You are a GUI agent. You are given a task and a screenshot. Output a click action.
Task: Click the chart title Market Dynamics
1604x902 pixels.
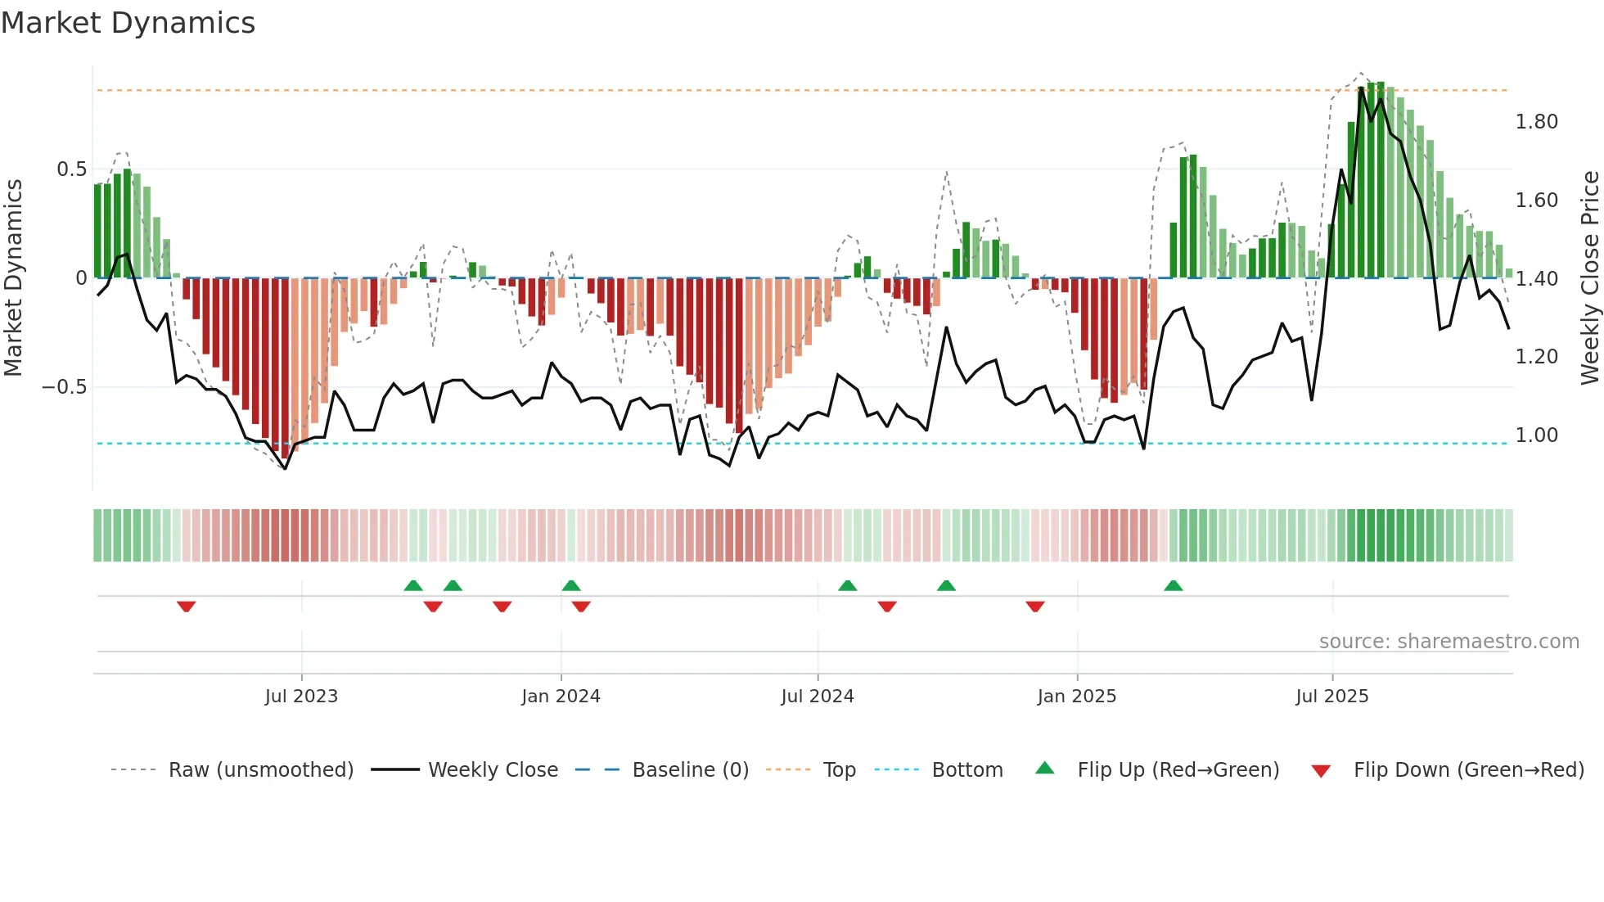(x=128, y=23)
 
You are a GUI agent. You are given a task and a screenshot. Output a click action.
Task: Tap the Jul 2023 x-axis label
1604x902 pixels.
(x=301, y=697)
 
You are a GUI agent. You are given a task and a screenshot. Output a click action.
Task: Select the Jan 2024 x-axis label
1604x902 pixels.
(x=561, y=697)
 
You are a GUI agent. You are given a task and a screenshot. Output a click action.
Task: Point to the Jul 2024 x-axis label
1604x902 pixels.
(x=817, y=697)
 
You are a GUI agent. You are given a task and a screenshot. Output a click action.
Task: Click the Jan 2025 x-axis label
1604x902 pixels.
(x=1076, y=697)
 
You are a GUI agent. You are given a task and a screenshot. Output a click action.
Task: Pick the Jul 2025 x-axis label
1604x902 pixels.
(x=1331, y=697)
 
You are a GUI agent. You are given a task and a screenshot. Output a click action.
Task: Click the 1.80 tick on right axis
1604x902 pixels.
(x=1536, y=122)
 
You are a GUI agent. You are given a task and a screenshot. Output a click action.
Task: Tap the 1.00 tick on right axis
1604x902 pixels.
(x=1536, y=435)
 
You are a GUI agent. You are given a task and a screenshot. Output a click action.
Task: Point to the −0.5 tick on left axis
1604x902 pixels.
(x=65, y=386)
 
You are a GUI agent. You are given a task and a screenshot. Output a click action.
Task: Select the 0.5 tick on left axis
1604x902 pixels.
(x=71, y=169)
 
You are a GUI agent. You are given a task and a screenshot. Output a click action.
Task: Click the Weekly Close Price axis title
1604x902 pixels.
(x=1589, y=277)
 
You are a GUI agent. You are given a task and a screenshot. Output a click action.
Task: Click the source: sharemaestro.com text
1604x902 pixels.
(x=1449, y=642)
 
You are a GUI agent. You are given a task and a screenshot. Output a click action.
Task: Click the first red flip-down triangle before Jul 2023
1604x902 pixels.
(x=186, y=607)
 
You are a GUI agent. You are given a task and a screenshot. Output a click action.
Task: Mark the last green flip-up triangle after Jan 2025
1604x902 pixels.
(x=1173, y=585)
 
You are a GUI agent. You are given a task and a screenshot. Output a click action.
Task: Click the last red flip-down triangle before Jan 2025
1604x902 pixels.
(x=1034, y=607)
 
